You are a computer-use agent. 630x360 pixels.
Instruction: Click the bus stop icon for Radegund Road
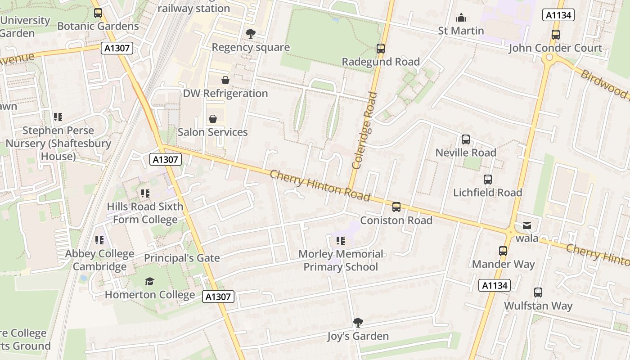381,49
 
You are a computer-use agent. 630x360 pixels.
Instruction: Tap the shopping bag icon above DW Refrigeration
225,80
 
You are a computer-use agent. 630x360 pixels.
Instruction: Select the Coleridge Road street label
364,130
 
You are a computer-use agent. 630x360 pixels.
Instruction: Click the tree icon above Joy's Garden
358,322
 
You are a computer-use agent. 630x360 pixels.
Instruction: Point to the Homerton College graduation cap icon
149,282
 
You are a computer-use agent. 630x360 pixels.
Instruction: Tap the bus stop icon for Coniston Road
396,207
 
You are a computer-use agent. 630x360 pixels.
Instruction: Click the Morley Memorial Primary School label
341,261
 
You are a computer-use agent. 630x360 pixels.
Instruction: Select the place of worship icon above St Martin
461,18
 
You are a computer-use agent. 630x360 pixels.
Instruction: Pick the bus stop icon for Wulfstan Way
538,292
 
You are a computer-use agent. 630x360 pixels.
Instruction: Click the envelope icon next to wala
526,225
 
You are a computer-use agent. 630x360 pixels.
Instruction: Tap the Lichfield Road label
487,193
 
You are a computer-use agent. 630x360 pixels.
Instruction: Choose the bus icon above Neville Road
466,139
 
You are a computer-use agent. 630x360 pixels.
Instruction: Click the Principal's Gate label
182,258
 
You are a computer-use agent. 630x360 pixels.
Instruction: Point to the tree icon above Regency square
250,34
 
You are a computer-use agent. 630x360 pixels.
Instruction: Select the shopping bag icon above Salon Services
212,119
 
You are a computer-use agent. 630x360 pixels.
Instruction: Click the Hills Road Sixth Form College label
145,213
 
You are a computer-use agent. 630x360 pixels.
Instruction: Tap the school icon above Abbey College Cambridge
99,241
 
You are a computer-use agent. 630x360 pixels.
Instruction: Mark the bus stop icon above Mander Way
503,251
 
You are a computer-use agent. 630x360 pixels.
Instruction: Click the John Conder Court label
555,48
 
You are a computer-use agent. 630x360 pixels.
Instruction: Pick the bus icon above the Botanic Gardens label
98,13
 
